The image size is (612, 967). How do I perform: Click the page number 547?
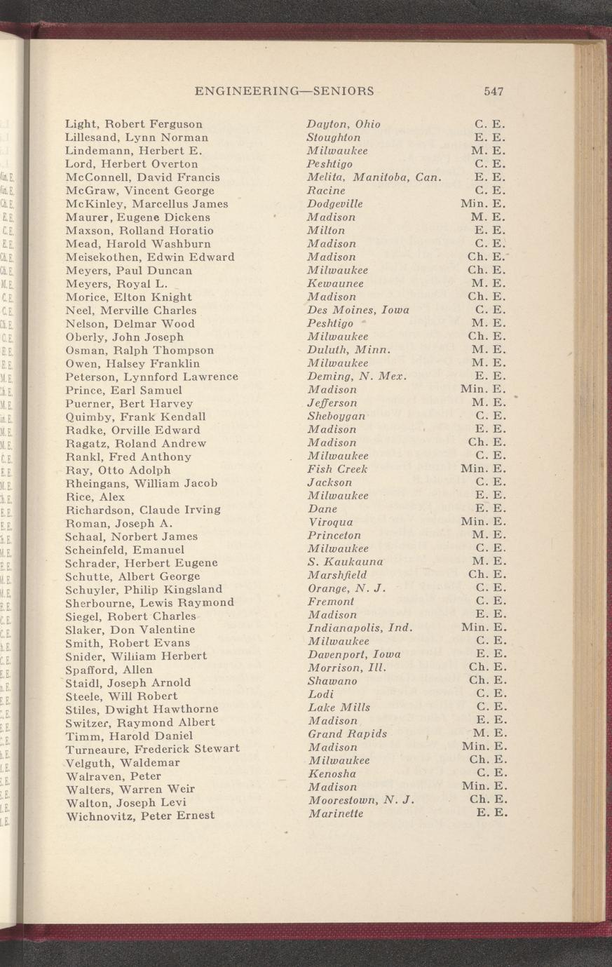pos(494,91)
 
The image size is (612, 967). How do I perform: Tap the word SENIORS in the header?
pos(343,91)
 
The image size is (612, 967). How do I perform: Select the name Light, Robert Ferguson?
pos(134,124)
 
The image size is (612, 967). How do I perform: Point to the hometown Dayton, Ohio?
pos(344,124)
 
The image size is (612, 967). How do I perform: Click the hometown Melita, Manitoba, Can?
pos(373,177)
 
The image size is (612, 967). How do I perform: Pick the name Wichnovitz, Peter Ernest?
pos(140,816)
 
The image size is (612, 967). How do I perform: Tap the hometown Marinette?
pos(335,813)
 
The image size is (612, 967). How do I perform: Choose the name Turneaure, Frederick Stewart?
pos(152,749)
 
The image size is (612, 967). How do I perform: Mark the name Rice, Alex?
pos(95,496)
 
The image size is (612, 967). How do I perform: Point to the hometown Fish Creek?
pos(337,469)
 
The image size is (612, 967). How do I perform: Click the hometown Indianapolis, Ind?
pos(360,628)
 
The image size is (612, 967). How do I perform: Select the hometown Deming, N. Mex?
pos(357,377)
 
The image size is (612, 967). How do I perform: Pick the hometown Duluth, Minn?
pos(348,350)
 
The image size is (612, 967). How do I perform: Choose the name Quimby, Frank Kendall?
pos(135,417)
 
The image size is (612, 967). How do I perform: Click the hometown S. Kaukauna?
pos(345,562)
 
